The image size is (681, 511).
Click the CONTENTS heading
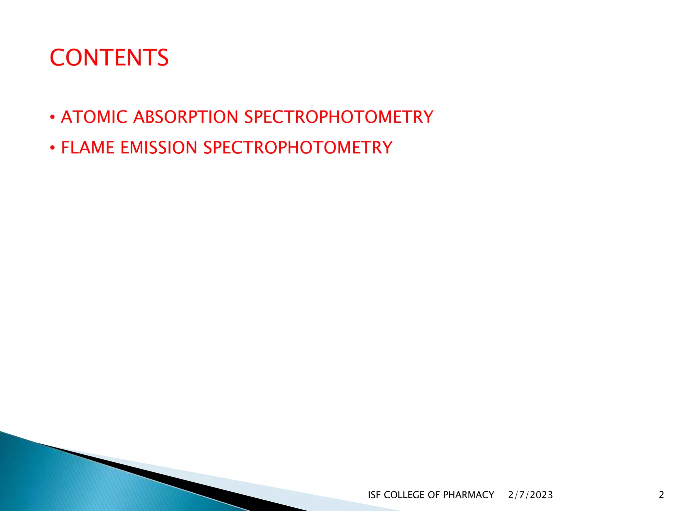point(109,58)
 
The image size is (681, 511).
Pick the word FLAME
point(88,148)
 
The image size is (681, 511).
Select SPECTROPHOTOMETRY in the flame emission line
point(298,148)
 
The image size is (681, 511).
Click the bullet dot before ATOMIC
point(52,117)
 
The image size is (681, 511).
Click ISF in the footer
point(374,495)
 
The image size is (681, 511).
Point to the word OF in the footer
point(434,495)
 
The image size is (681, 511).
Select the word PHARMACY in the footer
point(469,495)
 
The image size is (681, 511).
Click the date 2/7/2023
point(530,495)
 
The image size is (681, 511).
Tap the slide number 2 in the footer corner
point(661,495)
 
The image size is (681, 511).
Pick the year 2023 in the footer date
point(541,495)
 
